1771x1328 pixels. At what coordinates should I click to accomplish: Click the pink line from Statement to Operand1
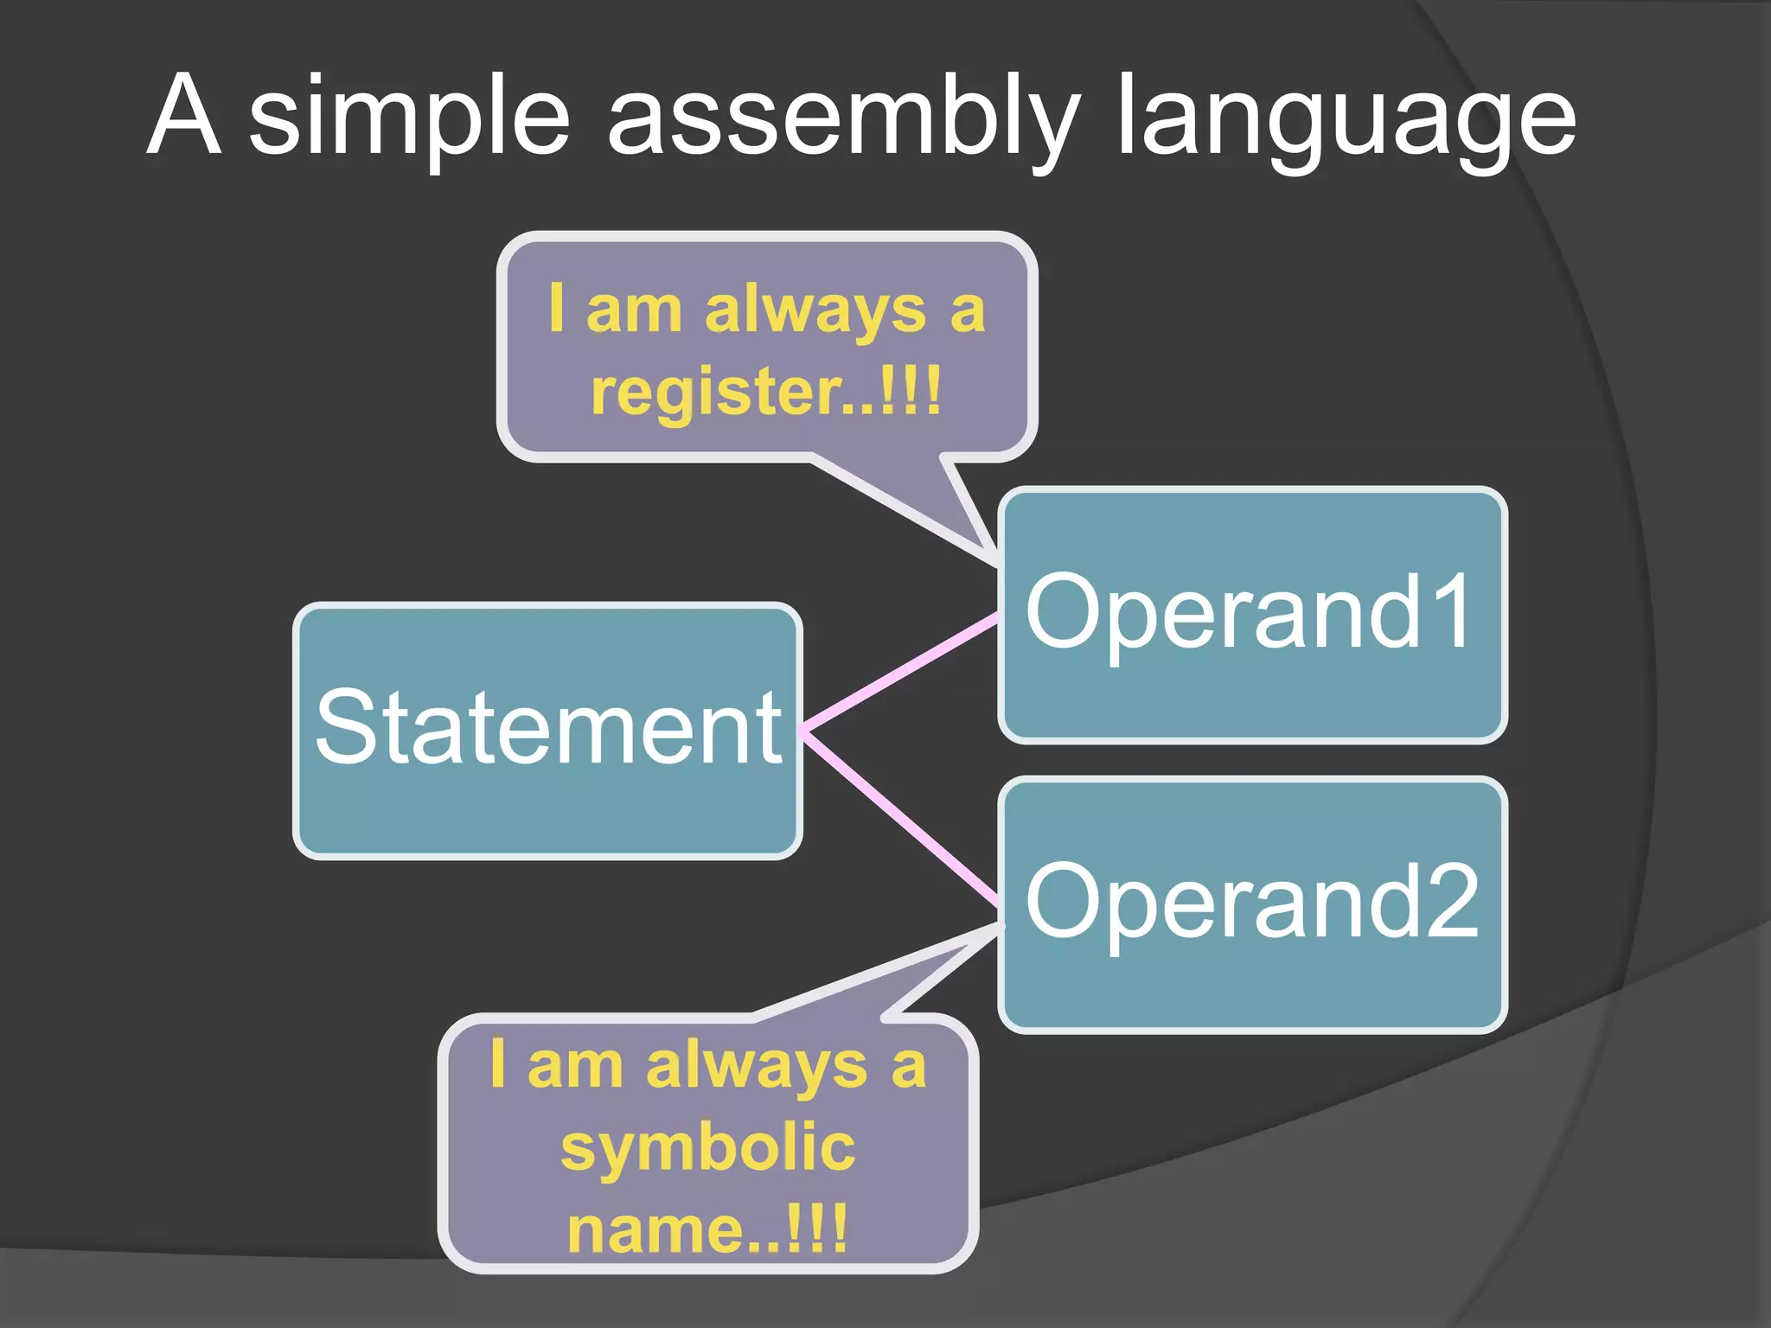pos(899,673)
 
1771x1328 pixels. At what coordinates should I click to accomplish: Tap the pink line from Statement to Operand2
pos(899,817)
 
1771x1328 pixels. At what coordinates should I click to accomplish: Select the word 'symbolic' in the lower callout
pos(708,1147)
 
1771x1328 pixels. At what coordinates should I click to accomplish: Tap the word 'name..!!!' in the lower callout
pos(707,1229)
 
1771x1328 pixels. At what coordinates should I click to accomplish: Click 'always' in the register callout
pos(815,311)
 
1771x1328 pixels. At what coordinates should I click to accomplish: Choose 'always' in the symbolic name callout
pos(756,1067)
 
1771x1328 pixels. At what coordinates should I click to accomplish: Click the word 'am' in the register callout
pos(634,311)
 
